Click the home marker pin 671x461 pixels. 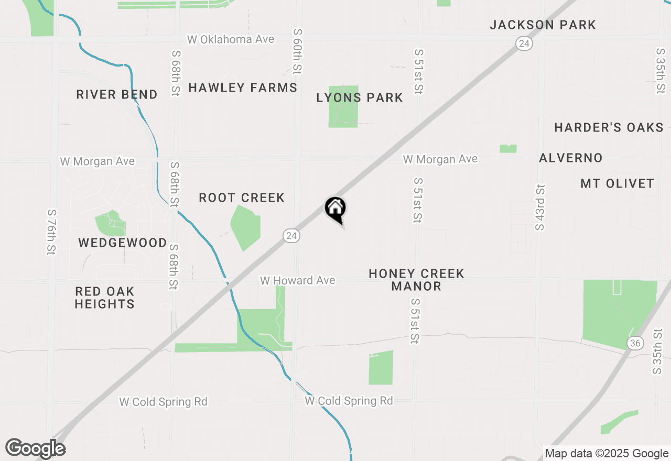click(335, 208)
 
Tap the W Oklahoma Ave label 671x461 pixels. click(231, 40)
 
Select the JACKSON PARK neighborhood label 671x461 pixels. click(543, 25)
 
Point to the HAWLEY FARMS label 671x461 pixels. click(243, 87)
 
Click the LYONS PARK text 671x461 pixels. click(360, 97)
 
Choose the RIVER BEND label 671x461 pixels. click(117, 94)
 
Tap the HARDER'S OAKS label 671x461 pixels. click(609, 127)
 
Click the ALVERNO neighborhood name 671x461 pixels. click(571, 158)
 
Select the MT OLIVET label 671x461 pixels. click(618, 183)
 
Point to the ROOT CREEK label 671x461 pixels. click(242, 197)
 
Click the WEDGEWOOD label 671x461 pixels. click(123, 243)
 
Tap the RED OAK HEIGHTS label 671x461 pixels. click(105, 298)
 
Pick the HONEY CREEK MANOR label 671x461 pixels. click(416, 280)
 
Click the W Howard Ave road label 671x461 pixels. click(297, 281)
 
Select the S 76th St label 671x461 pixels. click(51, 232)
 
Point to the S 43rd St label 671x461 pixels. click(540, 207)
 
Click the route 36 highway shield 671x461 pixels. click(635, 343)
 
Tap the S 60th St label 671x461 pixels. click(298, 51)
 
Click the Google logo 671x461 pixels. click(35, 448)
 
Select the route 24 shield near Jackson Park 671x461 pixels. click(524, 43)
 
